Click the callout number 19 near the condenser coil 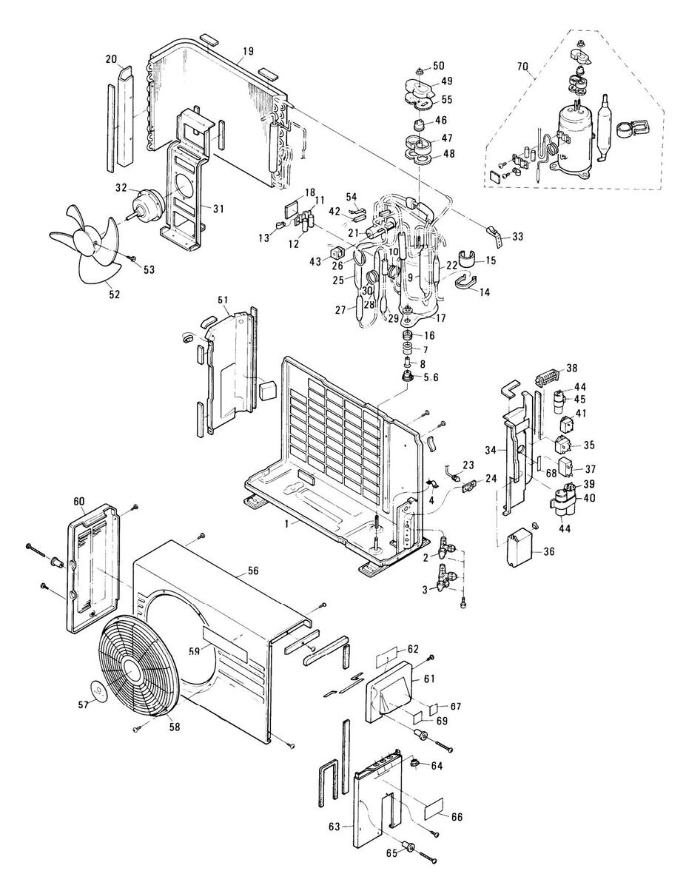[248, 51]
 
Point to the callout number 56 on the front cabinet [253, 571]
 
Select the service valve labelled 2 [446, 547]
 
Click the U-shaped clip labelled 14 [465, 281]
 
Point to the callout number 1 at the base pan [287, 523]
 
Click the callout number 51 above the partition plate [223, 300]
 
